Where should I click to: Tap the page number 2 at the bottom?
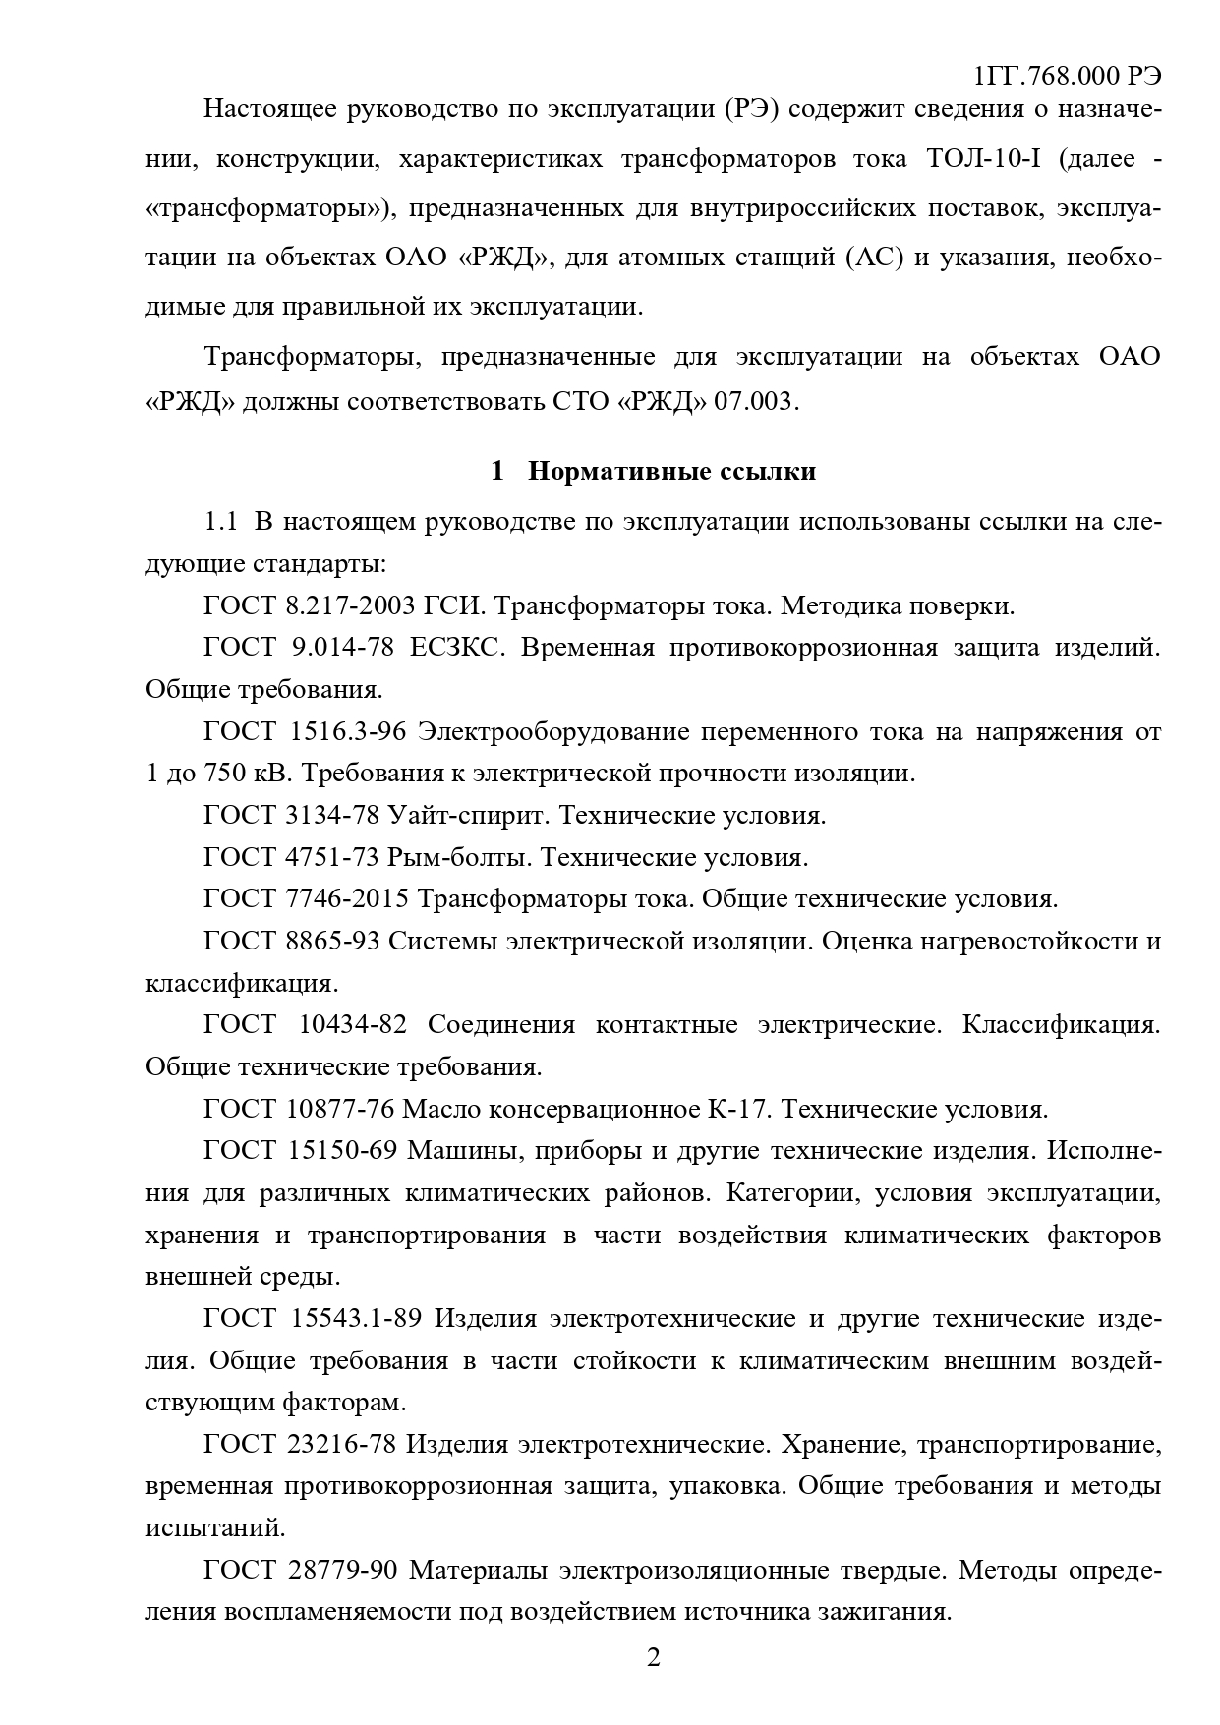tap(653, 1658)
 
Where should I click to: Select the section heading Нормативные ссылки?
tap(671, 472)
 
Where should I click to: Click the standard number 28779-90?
tap(342, 1571)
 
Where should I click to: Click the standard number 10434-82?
tap(352, 1025)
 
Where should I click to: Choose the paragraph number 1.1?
tap(220, 522)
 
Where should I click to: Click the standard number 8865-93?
tap(334, 942)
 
